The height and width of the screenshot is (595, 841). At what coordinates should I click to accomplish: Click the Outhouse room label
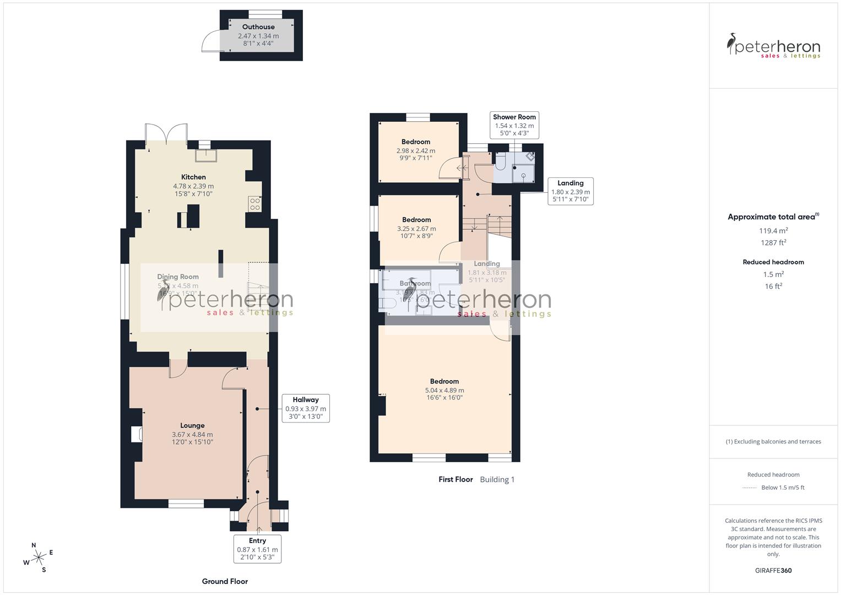point(258,27)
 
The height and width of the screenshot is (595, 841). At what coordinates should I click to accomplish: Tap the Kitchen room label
point(193,177)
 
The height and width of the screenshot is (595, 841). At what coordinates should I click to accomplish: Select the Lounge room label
point(192,425)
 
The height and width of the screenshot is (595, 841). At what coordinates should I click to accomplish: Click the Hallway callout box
point(306,408)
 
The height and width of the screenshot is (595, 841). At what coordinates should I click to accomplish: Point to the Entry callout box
point(257,549)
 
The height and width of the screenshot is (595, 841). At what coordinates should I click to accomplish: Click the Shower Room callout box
point(514,125)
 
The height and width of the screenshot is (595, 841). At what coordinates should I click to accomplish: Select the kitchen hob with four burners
point(255,204)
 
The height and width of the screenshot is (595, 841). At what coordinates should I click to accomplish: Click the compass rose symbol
point(39,558)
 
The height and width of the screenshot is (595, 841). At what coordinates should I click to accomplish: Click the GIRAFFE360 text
point(773,570)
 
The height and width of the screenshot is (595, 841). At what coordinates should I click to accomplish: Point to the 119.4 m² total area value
point(773,231)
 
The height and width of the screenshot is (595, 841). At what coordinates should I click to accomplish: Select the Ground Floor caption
point(225,581)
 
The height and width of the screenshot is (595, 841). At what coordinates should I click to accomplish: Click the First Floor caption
point(455,479)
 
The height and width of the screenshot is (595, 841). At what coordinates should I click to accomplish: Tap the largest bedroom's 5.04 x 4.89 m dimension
point(444,390)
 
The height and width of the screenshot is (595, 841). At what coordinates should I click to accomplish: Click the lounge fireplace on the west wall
point(137,435)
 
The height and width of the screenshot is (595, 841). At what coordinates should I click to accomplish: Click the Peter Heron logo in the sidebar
point(773,46)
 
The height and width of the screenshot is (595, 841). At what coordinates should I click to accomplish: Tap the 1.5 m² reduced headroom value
point(773,274)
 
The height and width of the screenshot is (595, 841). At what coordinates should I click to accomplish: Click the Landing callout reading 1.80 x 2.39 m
point(570,191)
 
